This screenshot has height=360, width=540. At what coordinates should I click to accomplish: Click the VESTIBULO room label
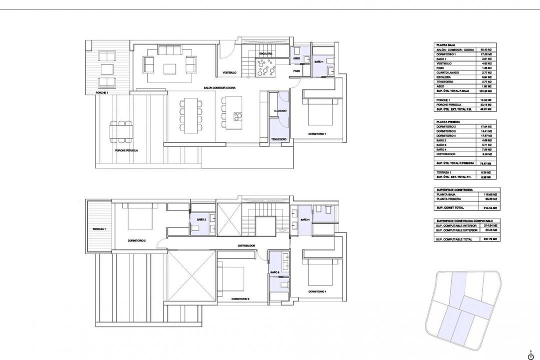229,73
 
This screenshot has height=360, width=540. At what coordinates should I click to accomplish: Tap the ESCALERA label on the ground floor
265,53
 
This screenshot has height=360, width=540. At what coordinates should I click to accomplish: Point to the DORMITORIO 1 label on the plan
317,134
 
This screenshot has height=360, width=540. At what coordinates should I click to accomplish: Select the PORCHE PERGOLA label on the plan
126,150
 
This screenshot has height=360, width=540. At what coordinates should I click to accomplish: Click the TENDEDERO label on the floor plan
278,139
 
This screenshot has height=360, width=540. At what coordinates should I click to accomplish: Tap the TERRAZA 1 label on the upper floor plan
99,228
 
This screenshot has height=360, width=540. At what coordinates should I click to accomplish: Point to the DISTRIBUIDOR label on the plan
247,245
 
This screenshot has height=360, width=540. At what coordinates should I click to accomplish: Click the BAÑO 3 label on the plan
274,272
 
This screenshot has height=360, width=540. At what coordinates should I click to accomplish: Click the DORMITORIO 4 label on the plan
317,291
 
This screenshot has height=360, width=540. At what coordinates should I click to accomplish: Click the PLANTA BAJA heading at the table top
444,45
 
